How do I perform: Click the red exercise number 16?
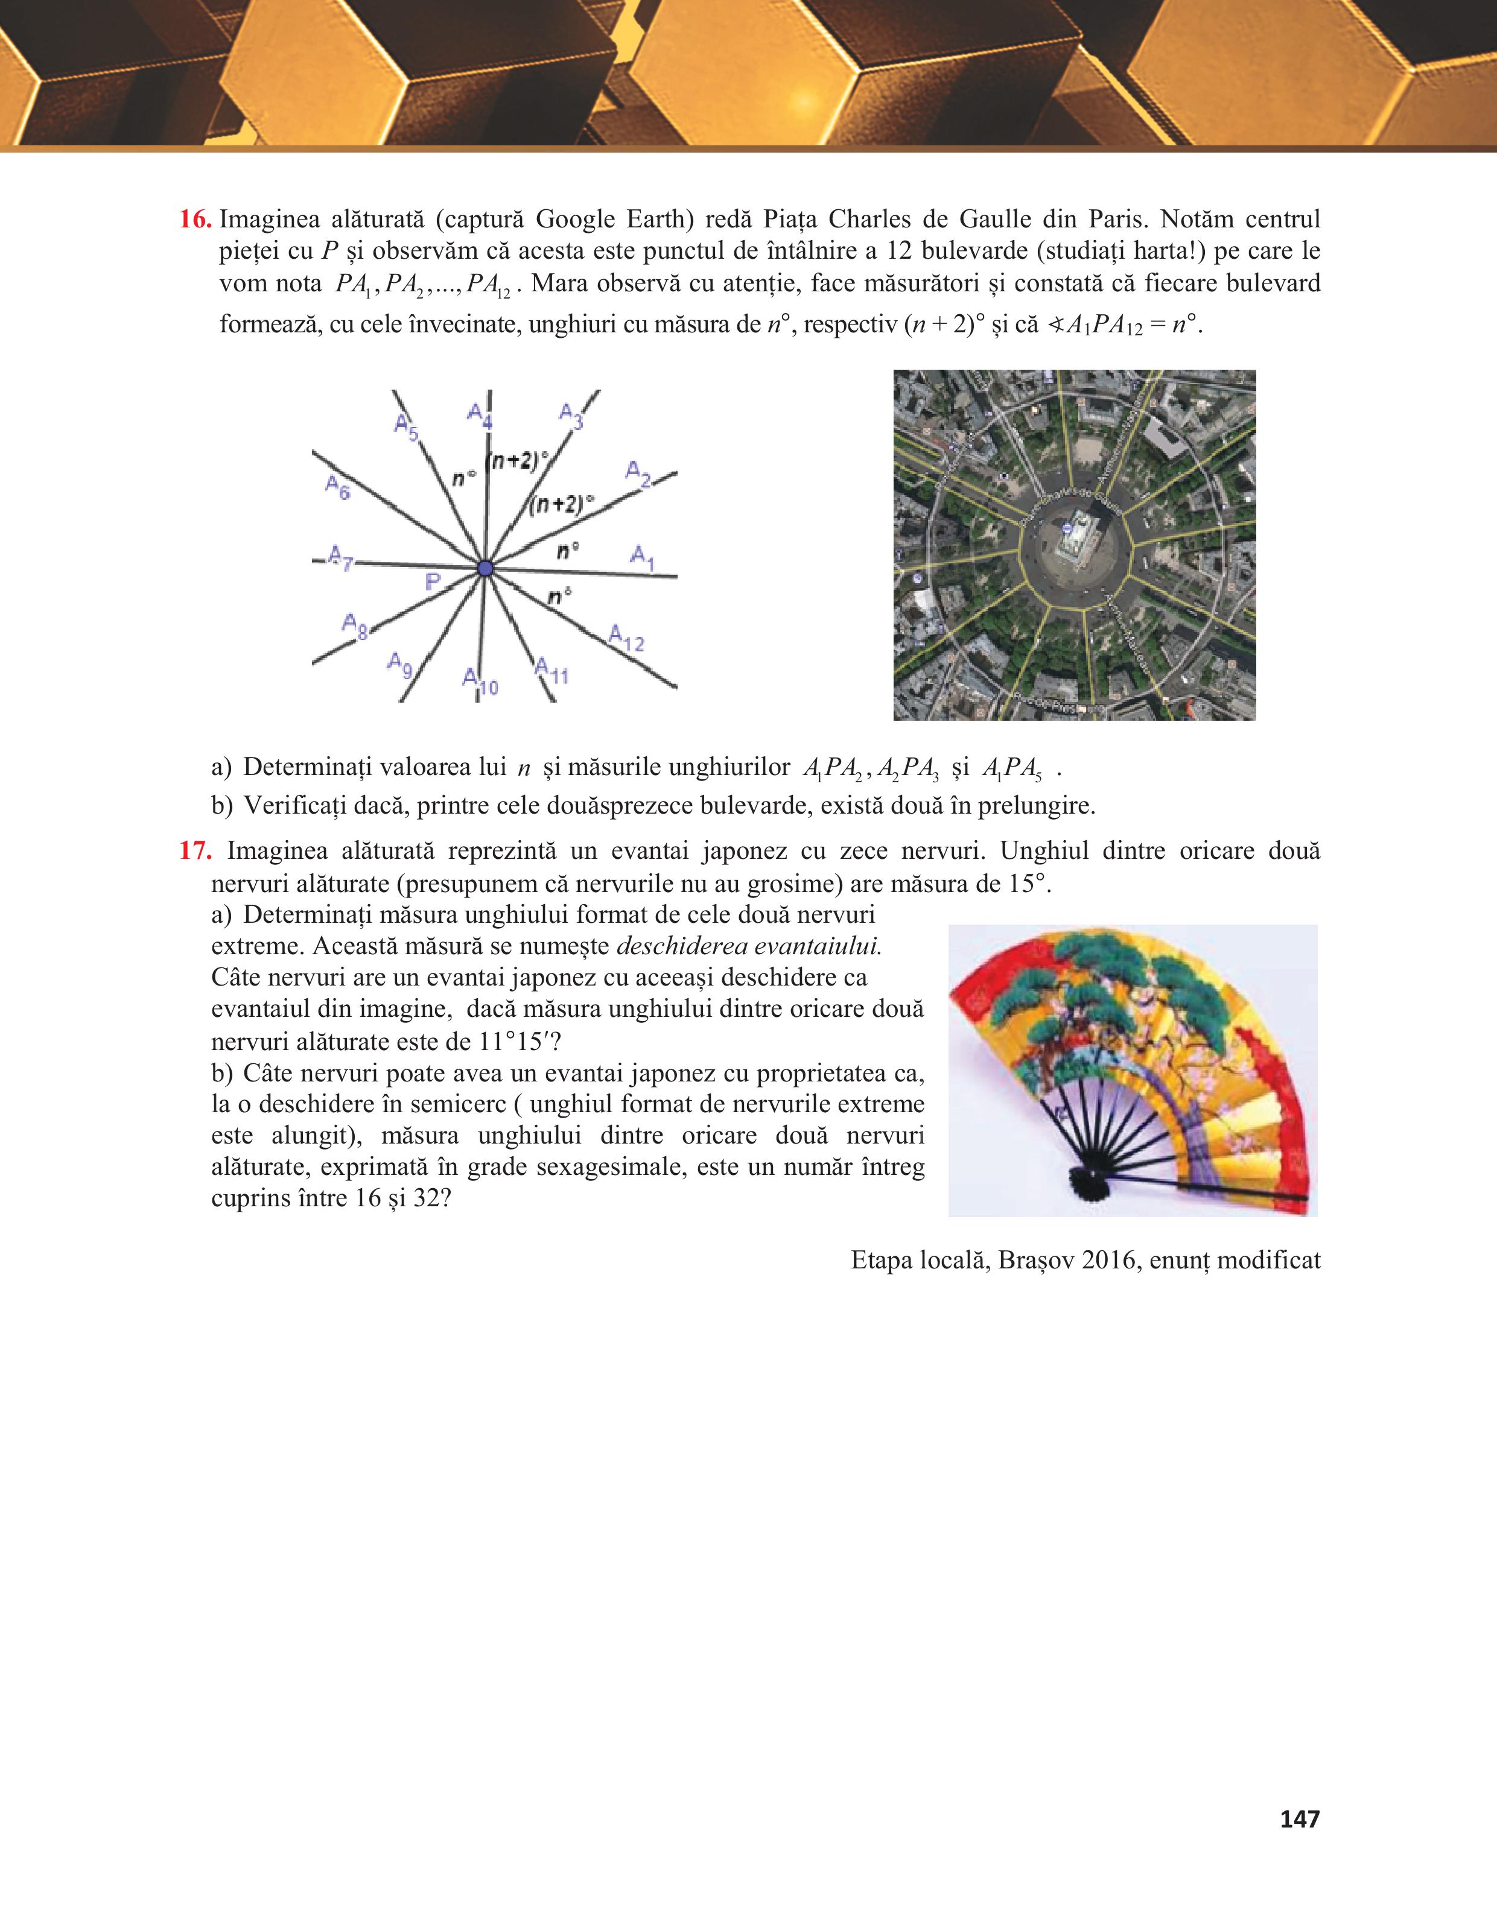tap(195, 220)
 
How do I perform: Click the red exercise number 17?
tap(195, 851)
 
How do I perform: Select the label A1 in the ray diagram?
tap(643, 557)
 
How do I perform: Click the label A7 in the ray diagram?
tap(339, 557)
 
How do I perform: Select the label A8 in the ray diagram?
tap(354, 627)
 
